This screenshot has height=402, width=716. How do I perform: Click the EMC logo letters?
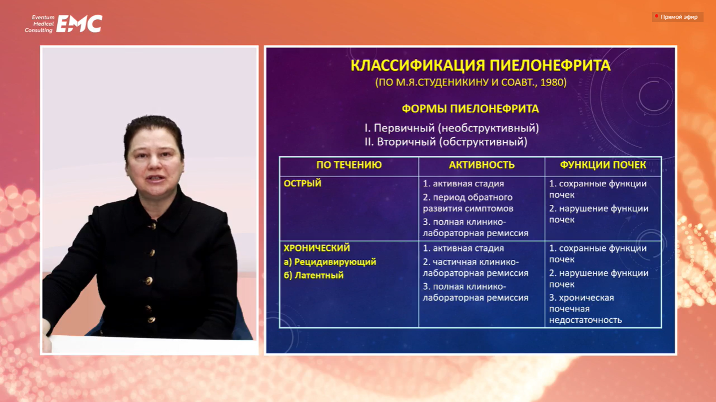point(79,23)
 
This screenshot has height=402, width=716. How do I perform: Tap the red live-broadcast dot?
point(656,16)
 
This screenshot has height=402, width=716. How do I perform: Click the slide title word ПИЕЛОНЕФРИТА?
point(550,66)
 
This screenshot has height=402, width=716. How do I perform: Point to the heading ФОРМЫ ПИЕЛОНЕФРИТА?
point(470,109)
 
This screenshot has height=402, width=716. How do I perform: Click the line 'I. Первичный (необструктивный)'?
point(452,128)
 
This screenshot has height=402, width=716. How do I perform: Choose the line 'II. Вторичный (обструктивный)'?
point(446,142)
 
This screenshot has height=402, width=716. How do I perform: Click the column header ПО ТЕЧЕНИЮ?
point(349,165)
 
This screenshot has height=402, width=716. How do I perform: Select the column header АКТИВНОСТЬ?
point(482,165)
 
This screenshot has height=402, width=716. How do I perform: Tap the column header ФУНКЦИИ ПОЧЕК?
point(603,165)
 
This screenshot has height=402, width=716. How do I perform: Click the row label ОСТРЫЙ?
point(303,183)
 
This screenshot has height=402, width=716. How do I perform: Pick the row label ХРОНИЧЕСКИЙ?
point(317,248)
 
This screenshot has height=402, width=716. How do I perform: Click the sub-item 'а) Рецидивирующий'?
point(330,262)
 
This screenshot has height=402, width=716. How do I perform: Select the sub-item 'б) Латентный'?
point(313,275)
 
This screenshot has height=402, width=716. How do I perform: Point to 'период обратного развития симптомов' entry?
point(468,203)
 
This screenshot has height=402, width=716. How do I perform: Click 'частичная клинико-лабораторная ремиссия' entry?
point(476,268)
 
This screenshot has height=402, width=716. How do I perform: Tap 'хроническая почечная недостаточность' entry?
point(585,309)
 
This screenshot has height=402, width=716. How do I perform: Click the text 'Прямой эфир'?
point(679,17)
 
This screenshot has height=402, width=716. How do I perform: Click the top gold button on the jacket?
point(153,226)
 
